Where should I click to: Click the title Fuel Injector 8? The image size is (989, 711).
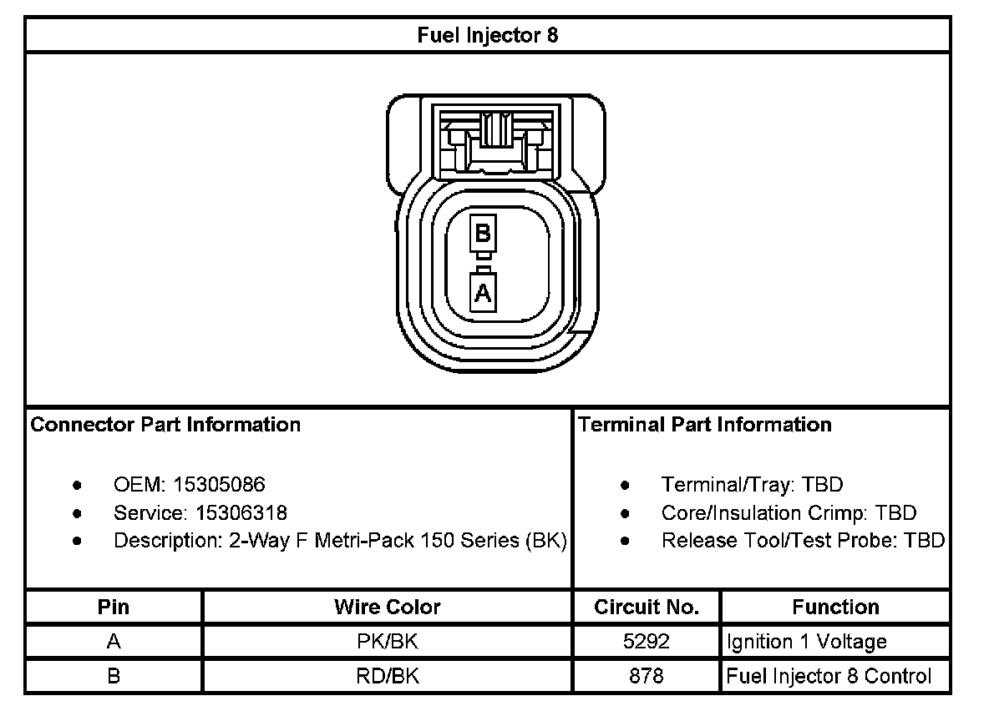click(x=488, y=35)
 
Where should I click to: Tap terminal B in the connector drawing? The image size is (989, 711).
click(x=483, y=233)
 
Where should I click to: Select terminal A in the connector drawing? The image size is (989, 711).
click(x=484, y=292)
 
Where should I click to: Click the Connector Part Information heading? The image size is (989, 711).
click(x=165, y=425)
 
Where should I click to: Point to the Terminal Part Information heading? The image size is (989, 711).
click(x=705, y=425)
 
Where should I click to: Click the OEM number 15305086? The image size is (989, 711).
click(x=219, y=484)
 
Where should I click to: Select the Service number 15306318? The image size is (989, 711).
click(x=241, y=512)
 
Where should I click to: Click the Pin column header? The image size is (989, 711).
click(x=114, y=607)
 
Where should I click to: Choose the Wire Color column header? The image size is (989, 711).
click(x=387, y=607)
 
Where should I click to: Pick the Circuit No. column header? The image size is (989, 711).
click(x=647, y=607)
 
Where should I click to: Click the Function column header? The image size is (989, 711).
click(x=835, y=607)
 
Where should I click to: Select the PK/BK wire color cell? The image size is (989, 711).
click(x=387, y=642)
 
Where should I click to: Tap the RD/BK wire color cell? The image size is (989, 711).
click(x=387, y=676)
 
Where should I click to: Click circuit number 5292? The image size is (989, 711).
click(x=647, y=642)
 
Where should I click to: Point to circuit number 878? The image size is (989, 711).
click(x=647, y=676)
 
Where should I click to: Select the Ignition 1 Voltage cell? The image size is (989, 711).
click(x=807, y=642)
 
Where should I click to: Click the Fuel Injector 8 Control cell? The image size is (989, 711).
click(x=829, y=676)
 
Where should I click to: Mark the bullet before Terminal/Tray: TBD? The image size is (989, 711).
click(x=626, y=485)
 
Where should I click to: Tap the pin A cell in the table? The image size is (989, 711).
click(x=114, y=642)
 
